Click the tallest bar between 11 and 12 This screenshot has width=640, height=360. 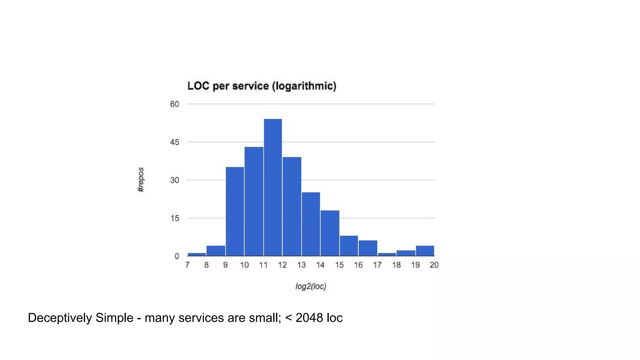tap(273, 187)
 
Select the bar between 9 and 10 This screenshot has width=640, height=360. tap(235, 212)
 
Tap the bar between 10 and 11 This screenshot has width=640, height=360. tap(254, 202)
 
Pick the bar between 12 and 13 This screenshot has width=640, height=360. tap(292, 207)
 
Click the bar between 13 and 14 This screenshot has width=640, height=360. tap(311, 224)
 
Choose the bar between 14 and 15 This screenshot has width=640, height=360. tap(330, 233)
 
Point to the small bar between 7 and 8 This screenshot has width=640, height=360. tap(197, 254)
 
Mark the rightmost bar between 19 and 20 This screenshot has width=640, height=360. tap(425, 251)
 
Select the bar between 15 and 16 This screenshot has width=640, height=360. tap(349, 246)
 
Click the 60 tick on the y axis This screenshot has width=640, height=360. tap(175, 104)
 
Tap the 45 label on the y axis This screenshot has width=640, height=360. tap(175, 142)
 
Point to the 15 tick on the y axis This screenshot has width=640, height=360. tap(175, 218)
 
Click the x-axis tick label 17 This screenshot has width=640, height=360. tap(377, 265)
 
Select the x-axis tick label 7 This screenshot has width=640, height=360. tap(187, 265)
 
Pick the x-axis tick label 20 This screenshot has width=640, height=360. tap(434, 265)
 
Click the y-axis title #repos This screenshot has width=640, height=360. tap(141, 180)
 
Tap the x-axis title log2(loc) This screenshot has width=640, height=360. tap(311, 286)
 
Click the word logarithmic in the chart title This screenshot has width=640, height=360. tap(304, 86)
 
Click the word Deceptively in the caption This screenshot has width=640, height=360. tap(60, 318)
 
